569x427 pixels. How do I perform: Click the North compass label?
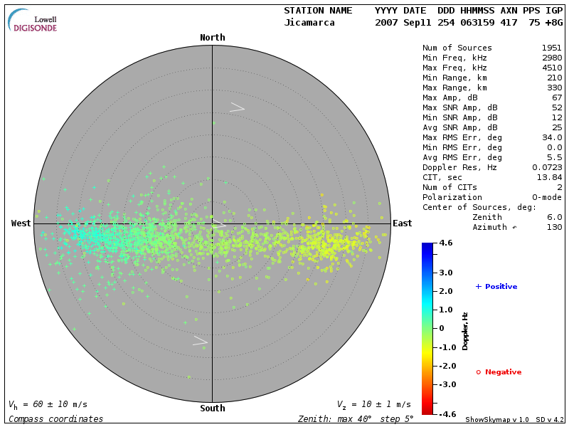[x=212, y=38]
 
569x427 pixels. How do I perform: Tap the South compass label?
[x=212, y=408]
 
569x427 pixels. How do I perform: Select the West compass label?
[x=21, y=223]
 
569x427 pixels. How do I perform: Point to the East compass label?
[x=402, y=223]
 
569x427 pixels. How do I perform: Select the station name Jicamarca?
[x=311, y=23]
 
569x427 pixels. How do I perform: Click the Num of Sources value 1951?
[x=552, y=48]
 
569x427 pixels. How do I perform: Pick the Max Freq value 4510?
[x=552, y=68]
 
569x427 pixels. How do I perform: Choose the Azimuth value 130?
[x=554, y=228]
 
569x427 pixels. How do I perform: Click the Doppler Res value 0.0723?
[x=548, y=168]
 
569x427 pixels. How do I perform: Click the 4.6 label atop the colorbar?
[x=445, y=243]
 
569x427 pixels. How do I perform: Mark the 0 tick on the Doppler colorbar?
[x=442, y=329]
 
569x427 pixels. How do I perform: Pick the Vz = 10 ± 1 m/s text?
[x=373, y=404]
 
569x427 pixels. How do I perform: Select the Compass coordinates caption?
[x=55, y=419]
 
